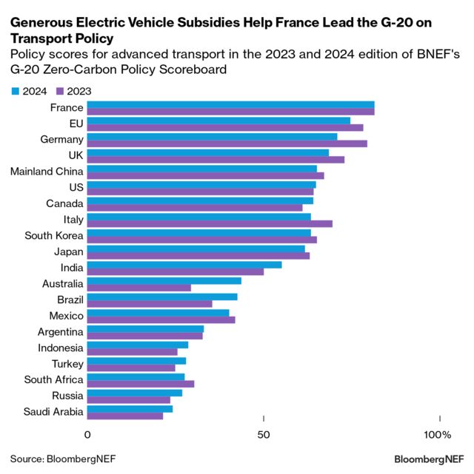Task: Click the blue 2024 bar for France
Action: tap(230, 105)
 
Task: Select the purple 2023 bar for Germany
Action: tap(227, 143)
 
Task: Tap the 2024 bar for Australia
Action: tap(164, 280)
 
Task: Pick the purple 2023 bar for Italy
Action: tap(210, 223)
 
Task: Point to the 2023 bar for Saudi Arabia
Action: tap(125, 416)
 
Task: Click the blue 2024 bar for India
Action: tap(184, 265)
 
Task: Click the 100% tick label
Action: tap(437, 435)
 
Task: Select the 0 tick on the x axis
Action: tap(88, 435)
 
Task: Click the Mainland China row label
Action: tap(47, 172)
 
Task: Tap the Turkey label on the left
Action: tap(67, 364)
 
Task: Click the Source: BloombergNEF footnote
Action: tap(63, 458)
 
